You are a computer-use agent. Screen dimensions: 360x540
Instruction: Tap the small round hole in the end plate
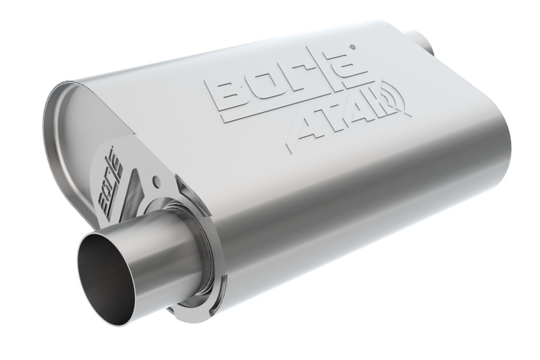(x=157, y=180)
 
